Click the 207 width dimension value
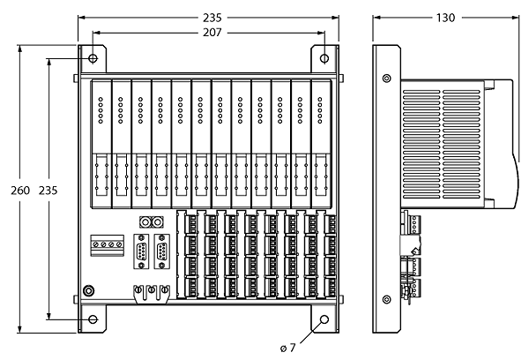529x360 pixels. pos(212,33)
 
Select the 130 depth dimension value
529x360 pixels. pos(445,18)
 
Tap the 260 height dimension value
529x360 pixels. pos(20,190)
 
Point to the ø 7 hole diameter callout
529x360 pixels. pos(287,348)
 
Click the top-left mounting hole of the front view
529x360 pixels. pos(93,58)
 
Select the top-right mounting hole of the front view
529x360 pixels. pos(324,58)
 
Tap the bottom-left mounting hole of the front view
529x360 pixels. pos(93,319)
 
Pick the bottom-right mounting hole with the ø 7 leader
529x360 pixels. pos(324,319)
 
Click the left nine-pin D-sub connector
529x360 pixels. pos(142,251)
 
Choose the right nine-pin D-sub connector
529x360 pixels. pos(162,251)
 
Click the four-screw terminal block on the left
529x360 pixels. pos(107,245)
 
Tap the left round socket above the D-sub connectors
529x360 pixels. pos(145,222)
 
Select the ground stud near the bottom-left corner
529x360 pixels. pos(89,291)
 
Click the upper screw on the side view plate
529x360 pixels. pos(387,79)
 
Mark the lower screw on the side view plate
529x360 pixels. pos(387,299)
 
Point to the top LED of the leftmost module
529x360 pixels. pos(101,100)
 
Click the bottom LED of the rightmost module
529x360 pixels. pos(320,121)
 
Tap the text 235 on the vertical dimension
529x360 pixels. pos(48,190)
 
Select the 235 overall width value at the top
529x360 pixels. pos(212,18)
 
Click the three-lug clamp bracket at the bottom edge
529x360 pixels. pos(152,295)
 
